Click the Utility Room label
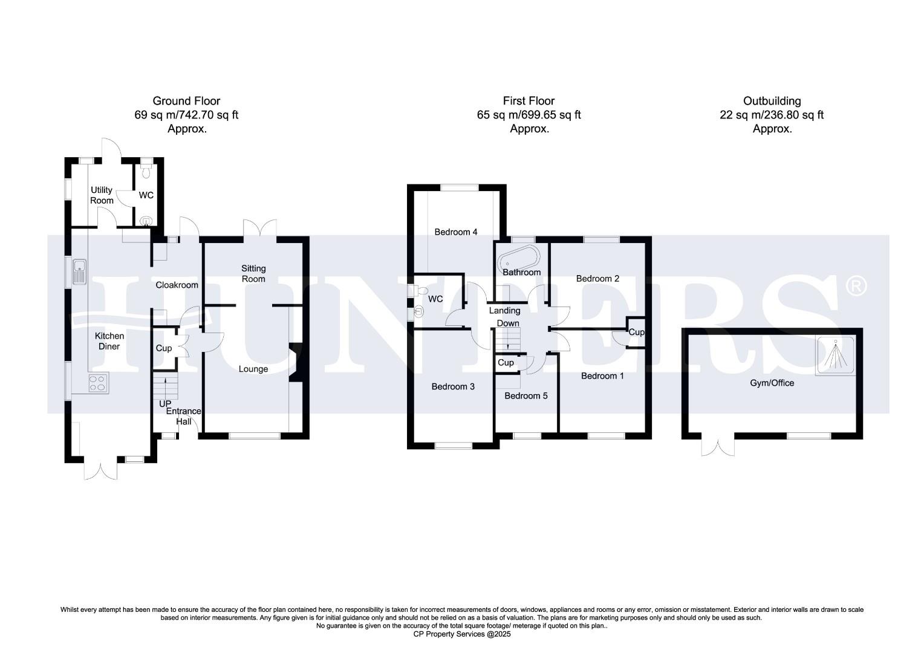[102, 195]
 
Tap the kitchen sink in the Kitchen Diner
[79, 271]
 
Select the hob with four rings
[98, 383]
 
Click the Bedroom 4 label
[456, 232]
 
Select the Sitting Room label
[253, 273]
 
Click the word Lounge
[253, 369]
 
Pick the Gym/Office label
[772, 383]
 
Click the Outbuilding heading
[772, 101]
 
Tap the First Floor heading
[529, 101]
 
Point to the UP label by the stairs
[165, 403]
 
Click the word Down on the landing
[508, 323]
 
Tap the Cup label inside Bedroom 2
[636, 332]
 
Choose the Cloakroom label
[177, 285]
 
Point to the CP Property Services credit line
[462, 634]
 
